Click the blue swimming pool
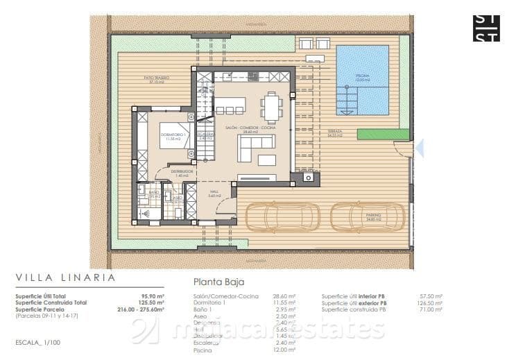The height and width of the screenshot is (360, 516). point(362,80)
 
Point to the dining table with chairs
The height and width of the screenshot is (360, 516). point(271,108)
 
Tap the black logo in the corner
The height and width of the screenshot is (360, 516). point(485,28)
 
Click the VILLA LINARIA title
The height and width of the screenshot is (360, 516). point(65,277)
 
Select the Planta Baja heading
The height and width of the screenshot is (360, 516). point(218,282)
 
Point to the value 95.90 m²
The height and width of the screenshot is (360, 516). point(152,296)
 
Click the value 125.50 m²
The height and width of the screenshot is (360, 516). point(150,302)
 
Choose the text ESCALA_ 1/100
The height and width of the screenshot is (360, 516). point(38,343)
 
